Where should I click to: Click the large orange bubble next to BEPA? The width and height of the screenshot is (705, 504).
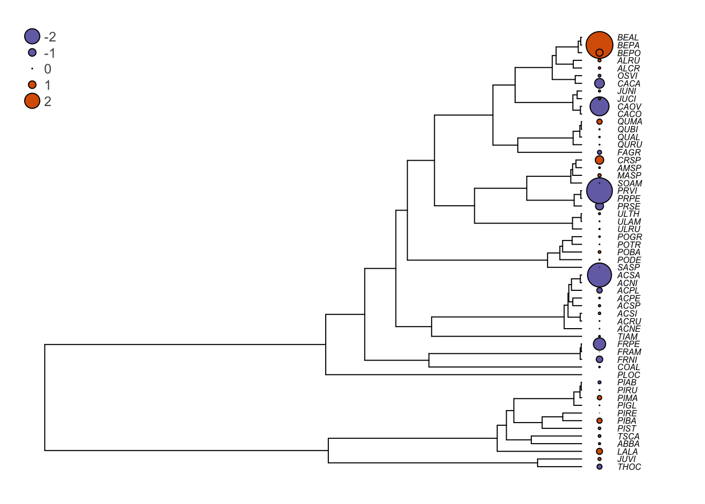[x=599, y=45]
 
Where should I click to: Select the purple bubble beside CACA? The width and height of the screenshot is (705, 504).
[x=599, y=83]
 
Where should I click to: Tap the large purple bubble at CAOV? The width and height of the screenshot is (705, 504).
[x=599, y=107]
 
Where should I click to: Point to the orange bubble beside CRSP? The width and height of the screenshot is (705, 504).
[x=599, y=160]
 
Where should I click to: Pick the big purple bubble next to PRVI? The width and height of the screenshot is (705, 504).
[x=599, y=191]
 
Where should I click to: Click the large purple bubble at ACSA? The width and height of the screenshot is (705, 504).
[x=599, y=275]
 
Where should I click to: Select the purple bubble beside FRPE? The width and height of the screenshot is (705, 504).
[x=599, y=344]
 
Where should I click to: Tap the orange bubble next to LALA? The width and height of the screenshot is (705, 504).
[x=599, y=451]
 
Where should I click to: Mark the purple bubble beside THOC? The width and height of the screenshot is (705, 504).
[x=599, y=467]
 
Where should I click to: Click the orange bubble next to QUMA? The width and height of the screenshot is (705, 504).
[x=599, y=122]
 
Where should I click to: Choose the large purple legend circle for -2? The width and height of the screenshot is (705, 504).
[x=32, y=36]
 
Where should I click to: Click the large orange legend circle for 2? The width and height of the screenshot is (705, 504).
[x=32, y=101]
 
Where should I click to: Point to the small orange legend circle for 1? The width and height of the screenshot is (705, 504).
[x=32, y=85]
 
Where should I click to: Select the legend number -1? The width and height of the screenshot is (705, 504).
[x=49, y=53]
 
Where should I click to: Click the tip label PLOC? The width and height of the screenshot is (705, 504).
[x=628, y=375]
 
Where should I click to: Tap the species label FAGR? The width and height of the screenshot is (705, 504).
[x=628, y=152]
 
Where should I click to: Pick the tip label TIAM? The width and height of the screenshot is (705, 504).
[x=627, y=337]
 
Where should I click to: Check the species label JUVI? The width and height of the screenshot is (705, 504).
[x=626, y=459]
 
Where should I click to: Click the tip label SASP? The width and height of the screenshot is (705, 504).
[x=628, y=267]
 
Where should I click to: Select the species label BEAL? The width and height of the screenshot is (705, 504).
[x=628, y=37]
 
